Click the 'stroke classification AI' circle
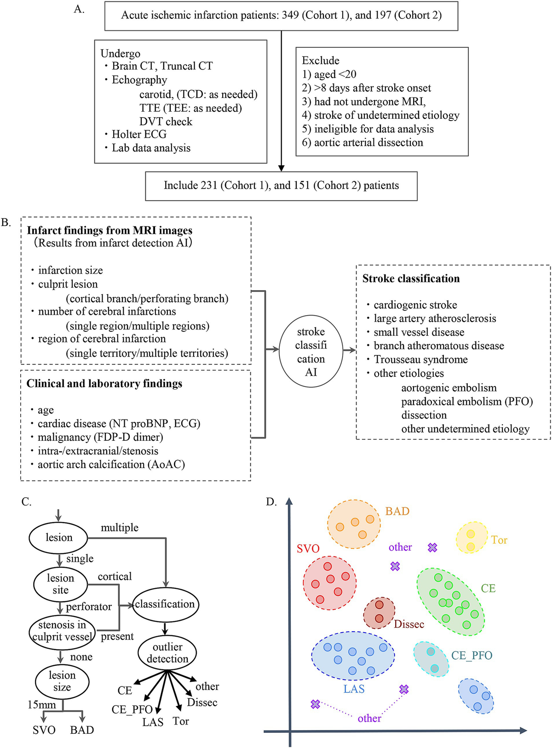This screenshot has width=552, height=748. click(311, 351)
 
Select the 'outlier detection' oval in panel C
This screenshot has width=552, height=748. click(167, 652)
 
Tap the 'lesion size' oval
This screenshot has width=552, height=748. click(62, 681)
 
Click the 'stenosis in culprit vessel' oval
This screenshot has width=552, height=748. click(62, 631)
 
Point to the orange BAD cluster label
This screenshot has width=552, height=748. click(397, 511)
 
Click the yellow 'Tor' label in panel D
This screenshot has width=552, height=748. click(499, 540)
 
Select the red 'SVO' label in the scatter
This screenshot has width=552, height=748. click(308, 548)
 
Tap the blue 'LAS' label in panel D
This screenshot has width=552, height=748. click(354, 689)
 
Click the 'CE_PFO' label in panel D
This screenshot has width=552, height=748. click(471, 655)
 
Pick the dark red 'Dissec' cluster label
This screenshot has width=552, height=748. click(409, 624)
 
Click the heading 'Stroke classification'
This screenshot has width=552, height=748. click(411, 278)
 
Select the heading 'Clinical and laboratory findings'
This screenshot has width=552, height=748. click(104, 383)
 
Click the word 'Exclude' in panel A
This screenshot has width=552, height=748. click(321, 60)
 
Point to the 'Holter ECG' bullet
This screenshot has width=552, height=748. click(138, 134)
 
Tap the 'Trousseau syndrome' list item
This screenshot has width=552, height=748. click(420, 359)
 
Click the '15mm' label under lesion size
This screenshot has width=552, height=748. click(41, 705)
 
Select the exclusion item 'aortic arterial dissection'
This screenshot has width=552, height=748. click(368, 142)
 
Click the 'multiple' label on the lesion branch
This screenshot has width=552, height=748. click(120, 527)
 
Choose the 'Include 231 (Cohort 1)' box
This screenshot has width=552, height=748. click(281, 185)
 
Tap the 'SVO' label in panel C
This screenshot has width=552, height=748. click(44, 730)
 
